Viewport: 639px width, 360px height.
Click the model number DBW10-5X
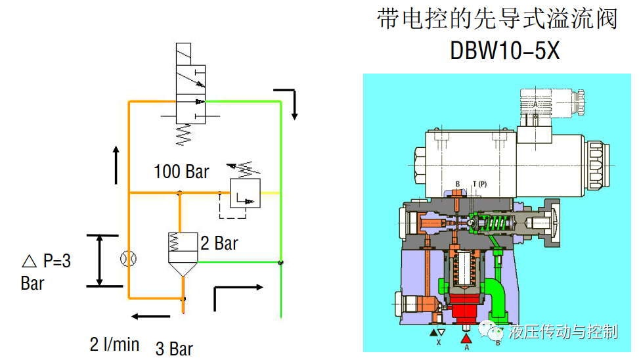click(505, 51)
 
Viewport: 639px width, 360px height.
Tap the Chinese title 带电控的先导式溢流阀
click(498, 20)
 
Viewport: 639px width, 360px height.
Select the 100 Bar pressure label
click(181, 172)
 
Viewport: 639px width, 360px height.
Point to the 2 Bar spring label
click(219, 244)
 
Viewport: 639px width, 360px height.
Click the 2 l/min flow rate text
click(114, 344)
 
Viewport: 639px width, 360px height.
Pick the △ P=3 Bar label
click(45, 272)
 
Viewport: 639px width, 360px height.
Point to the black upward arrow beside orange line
click(116, 165)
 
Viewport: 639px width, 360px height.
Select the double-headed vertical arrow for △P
click(100, 261)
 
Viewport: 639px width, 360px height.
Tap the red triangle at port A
click(466, 338)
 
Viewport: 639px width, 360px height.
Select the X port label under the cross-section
click(437, 342)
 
